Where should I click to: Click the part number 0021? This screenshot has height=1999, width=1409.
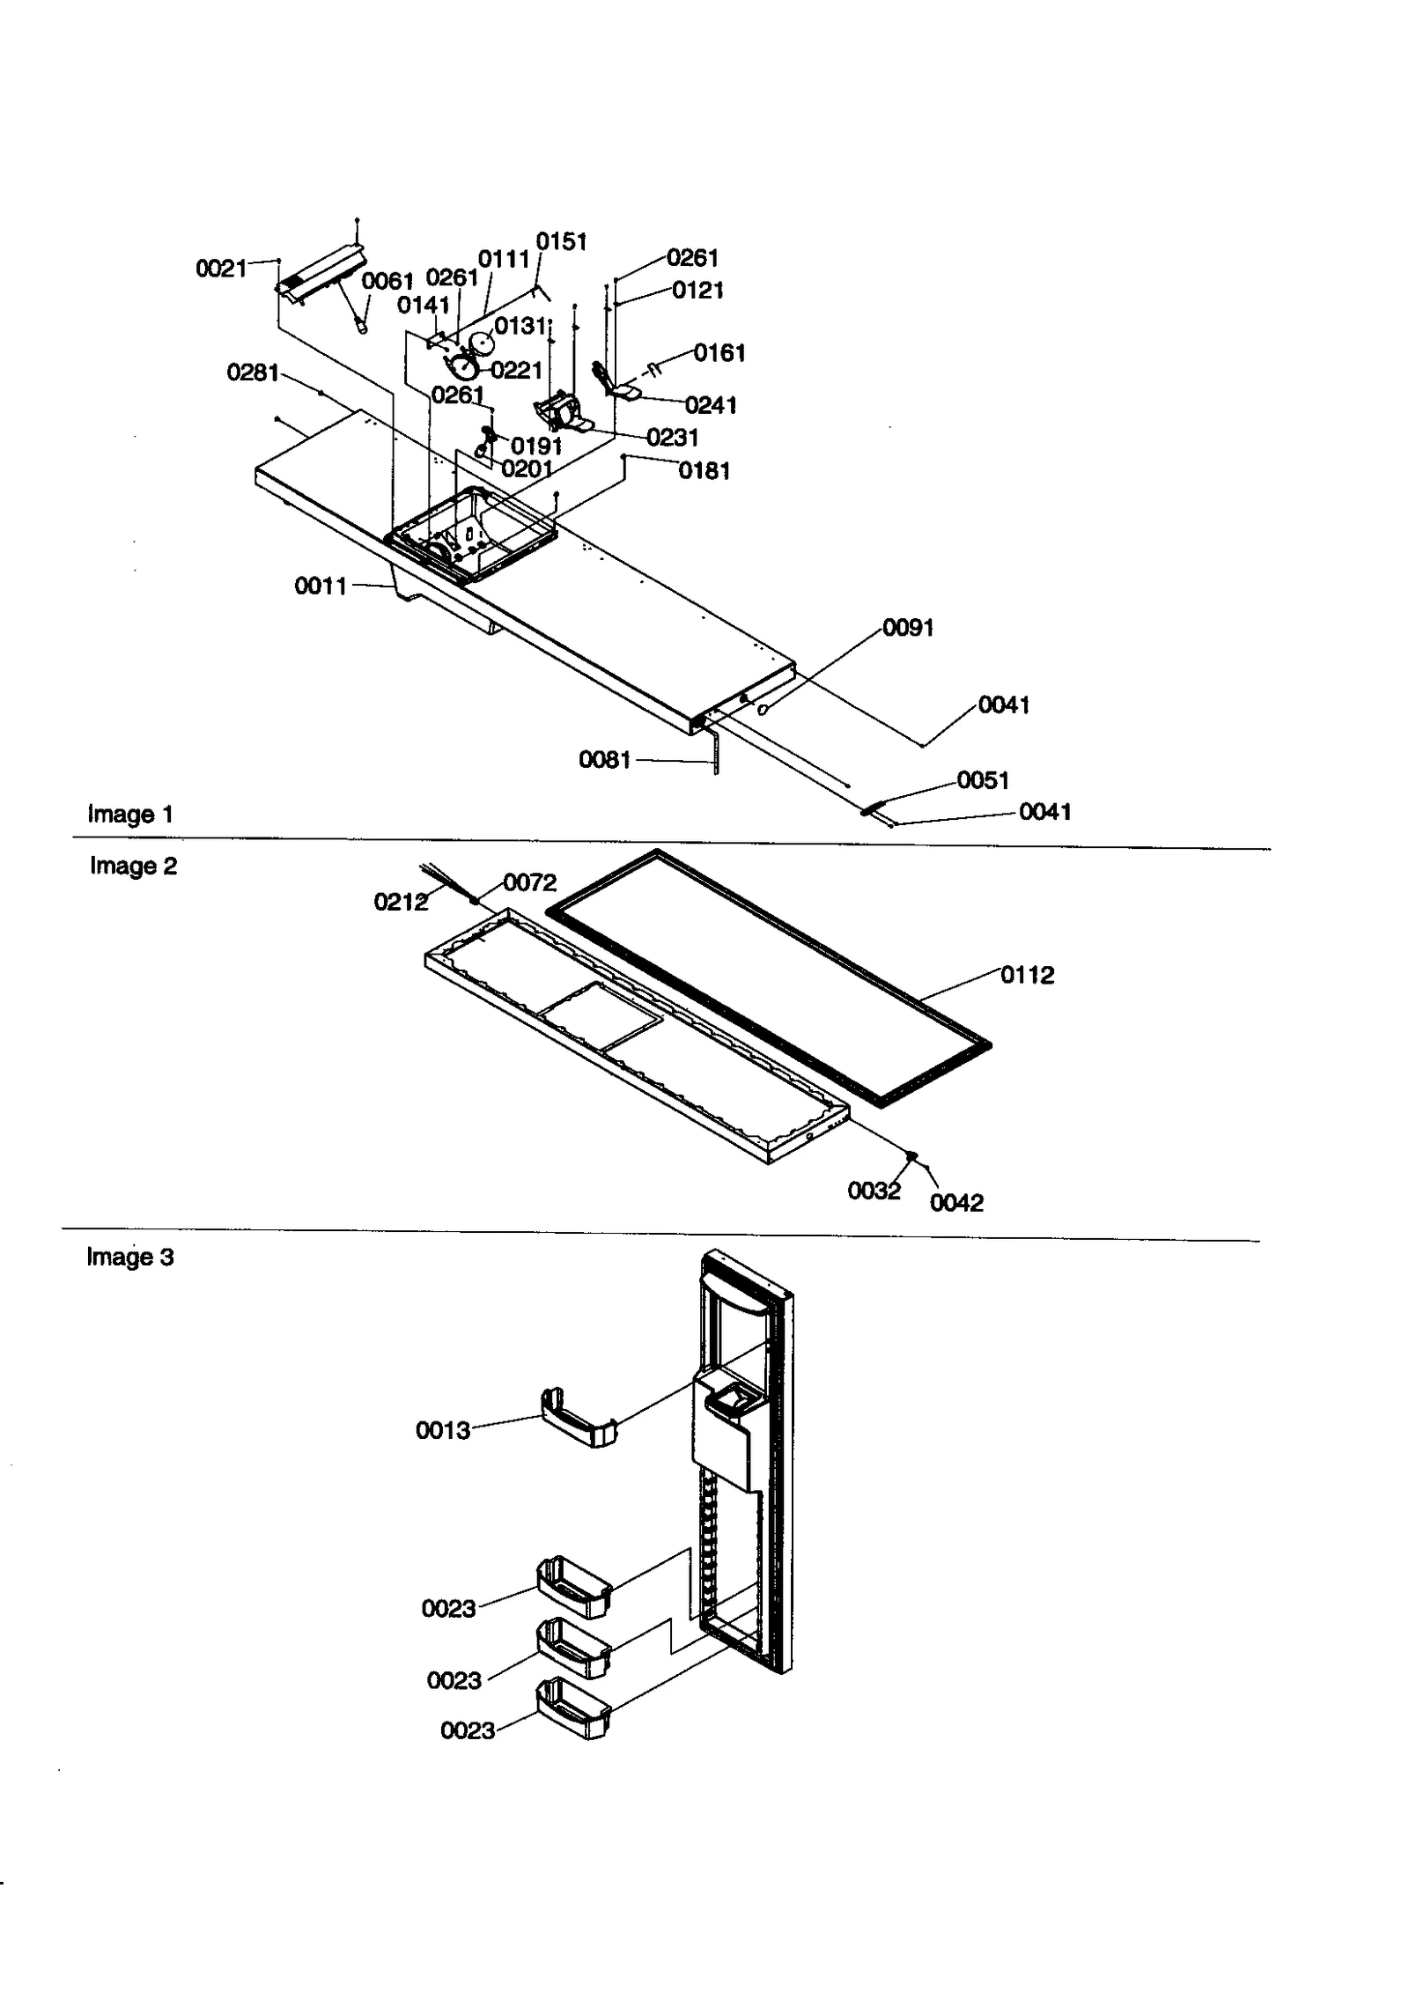tap(221, 269)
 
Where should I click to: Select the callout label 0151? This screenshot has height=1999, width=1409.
tap(562, 242)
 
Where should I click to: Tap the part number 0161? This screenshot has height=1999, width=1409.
tap(719, 353)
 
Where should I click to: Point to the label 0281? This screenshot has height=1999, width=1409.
tap(253, 373)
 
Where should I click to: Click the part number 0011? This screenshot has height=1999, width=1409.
tap(321, 586)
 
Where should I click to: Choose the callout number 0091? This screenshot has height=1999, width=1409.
tap(908, 628)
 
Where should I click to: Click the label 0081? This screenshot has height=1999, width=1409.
tap(605, 759)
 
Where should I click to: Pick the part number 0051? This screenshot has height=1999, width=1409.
tap(983, 780)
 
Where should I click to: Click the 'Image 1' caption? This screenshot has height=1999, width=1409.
tap(130, 815)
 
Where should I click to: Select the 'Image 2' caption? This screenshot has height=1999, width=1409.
tap(133, 867)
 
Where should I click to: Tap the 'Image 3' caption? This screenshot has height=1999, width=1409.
tap(130, 1258)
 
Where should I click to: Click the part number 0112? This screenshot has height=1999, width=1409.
tap(1027, 975)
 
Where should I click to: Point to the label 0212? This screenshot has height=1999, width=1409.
tap(401, 902)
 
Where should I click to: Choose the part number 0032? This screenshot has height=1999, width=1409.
tap(874, 1191)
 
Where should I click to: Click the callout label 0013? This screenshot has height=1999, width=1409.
tap(443, 1430)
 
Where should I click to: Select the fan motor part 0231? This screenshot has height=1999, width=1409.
tap(559, 414)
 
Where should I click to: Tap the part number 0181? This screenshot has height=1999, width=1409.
tap(704, 471)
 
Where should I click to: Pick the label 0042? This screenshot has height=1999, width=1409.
tap(956, 1203)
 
